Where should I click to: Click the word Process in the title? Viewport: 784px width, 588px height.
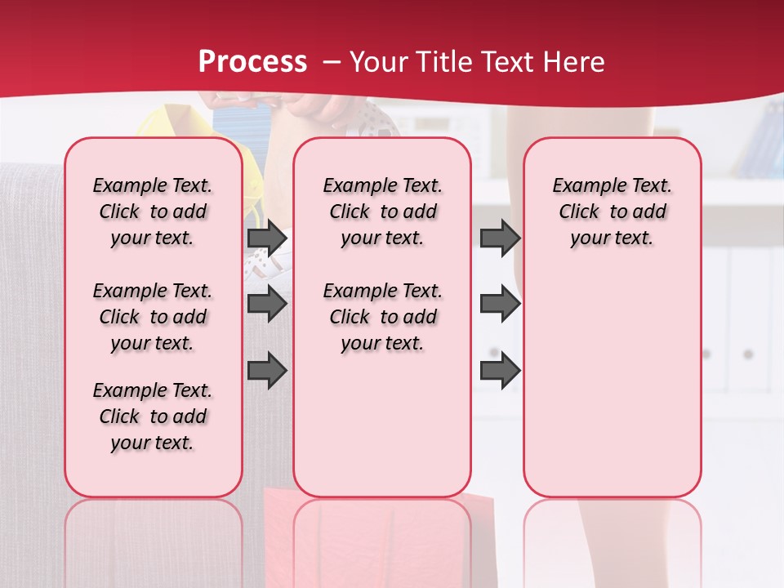(253, 62)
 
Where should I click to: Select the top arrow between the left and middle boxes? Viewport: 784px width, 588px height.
(267, 238)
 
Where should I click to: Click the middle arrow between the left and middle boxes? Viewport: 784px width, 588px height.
(267, 305)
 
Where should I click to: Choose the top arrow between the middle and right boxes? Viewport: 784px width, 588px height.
(500, 238)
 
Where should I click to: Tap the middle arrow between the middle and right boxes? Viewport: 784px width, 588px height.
(500, 305)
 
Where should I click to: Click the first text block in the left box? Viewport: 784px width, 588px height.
(153, 212)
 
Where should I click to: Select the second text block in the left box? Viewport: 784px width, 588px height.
(153, 317)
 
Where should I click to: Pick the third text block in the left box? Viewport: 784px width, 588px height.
(153, 416)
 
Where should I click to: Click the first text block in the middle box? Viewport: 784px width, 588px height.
(382, 212)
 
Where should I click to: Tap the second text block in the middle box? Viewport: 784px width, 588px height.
(382, 317)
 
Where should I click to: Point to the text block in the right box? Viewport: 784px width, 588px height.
(612, 212)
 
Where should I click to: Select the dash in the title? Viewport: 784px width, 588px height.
(332, 62)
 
